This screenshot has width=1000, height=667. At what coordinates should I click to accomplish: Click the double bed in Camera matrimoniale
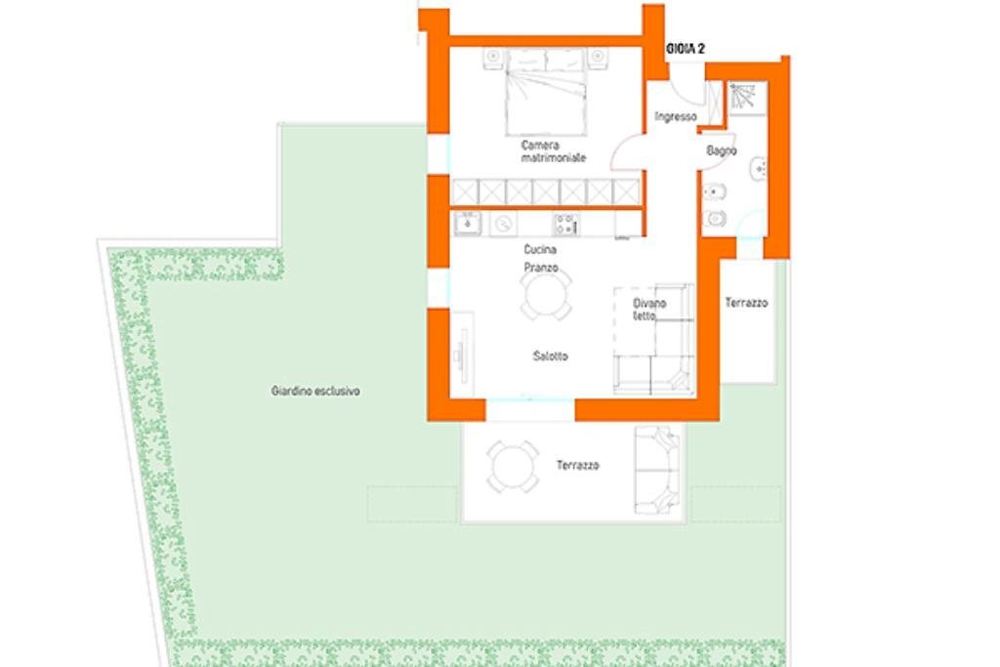[546, 93]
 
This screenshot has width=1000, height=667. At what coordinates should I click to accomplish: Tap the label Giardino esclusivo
[315, 391]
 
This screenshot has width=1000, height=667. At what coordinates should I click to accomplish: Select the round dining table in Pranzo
[545, 294]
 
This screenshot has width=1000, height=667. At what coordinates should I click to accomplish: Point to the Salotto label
[550, 356]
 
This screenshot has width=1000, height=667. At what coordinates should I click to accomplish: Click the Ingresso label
[676, 117]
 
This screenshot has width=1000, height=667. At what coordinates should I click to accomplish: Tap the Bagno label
[722, 151]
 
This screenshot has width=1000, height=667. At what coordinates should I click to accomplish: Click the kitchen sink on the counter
[468, 224]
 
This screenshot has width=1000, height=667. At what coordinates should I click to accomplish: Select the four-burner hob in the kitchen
[566, 225]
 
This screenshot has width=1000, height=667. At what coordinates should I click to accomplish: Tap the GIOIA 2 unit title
[686, 48]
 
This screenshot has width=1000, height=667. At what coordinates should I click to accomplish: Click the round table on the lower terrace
[514, 466]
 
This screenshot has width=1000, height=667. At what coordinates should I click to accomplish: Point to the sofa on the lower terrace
[655, 470]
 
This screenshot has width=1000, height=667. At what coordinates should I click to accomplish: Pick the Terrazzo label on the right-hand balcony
[746, 304]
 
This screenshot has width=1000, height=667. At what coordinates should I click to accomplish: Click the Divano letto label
[649, 310]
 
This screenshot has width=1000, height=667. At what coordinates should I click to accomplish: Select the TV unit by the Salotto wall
[461, 353]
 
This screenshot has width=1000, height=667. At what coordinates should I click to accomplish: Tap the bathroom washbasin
[759, 170]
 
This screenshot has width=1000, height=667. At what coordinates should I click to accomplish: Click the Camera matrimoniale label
[554, 151]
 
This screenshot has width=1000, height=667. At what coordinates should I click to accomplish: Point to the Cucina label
[540, 250]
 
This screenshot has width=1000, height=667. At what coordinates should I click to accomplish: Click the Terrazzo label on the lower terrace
[578, 466]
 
